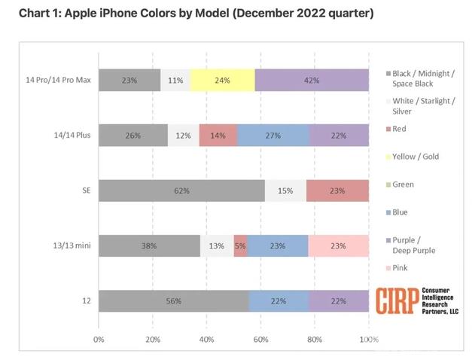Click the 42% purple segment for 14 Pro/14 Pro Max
(x=312, y=80)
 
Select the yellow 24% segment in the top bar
(x=222, y=80)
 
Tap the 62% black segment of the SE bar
(x=181, y=191)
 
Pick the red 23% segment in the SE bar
(x=337, y=191)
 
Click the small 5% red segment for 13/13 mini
(x=240, y=245)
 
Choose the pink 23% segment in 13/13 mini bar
(x=339, y=245)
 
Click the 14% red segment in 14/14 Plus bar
(x=218, y=135)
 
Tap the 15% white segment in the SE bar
(x=285, y=191)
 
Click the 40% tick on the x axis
(x=206, y=340)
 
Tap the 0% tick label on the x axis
(x=99, y=340)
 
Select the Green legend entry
(x=403, y=184)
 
